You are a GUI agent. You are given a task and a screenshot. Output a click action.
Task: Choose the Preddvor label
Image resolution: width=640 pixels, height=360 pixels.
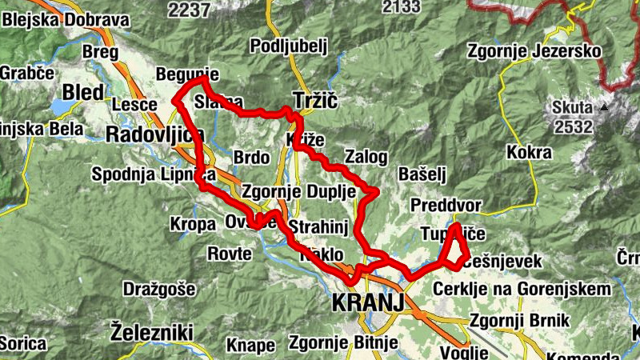click(446, 206)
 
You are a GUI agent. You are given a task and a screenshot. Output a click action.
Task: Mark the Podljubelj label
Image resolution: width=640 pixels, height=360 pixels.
click(290, 45)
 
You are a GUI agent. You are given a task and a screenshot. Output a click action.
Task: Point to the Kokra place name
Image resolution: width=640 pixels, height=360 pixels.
click(529, 152)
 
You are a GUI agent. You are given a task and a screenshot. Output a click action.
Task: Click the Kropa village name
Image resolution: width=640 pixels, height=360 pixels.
click(192, 225)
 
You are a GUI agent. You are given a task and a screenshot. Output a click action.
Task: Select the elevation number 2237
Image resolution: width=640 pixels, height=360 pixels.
click(189, 9)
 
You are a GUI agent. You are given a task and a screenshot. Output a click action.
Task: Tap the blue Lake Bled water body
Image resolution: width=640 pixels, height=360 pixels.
click(61, 107)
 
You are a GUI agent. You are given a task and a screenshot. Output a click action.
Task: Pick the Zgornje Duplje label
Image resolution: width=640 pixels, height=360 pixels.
click(294, 192)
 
